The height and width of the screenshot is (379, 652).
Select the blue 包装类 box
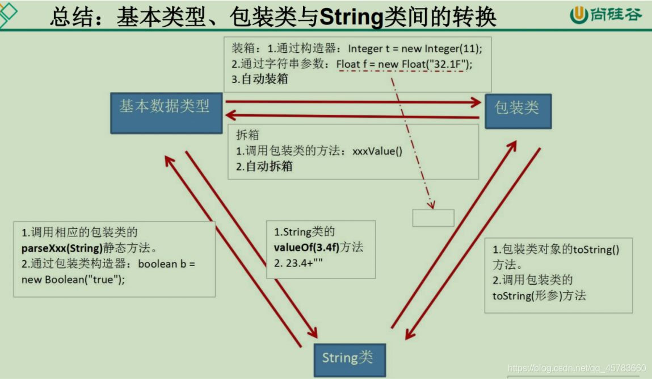[x=518, y=111]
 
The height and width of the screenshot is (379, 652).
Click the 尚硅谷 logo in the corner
[x=606, y=15]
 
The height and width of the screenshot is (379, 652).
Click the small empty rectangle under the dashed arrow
[x=433, y=218]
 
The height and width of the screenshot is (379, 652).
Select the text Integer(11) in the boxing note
[x=449, y=49]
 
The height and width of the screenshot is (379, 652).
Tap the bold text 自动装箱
[x=264, y=80]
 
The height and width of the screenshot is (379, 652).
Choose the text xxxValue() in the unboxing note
[x=377, y=152]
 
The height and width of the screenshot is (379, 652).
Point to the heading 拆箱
[x=247, y=135]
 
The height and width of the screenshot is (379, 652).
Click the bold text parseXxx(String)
[x=62, y=248]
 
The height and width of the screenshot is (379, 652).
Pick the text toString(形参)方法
[x=539, y=295]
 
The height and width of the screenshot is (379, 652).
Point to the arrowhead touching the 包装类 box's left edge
[x=476, y=102]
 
